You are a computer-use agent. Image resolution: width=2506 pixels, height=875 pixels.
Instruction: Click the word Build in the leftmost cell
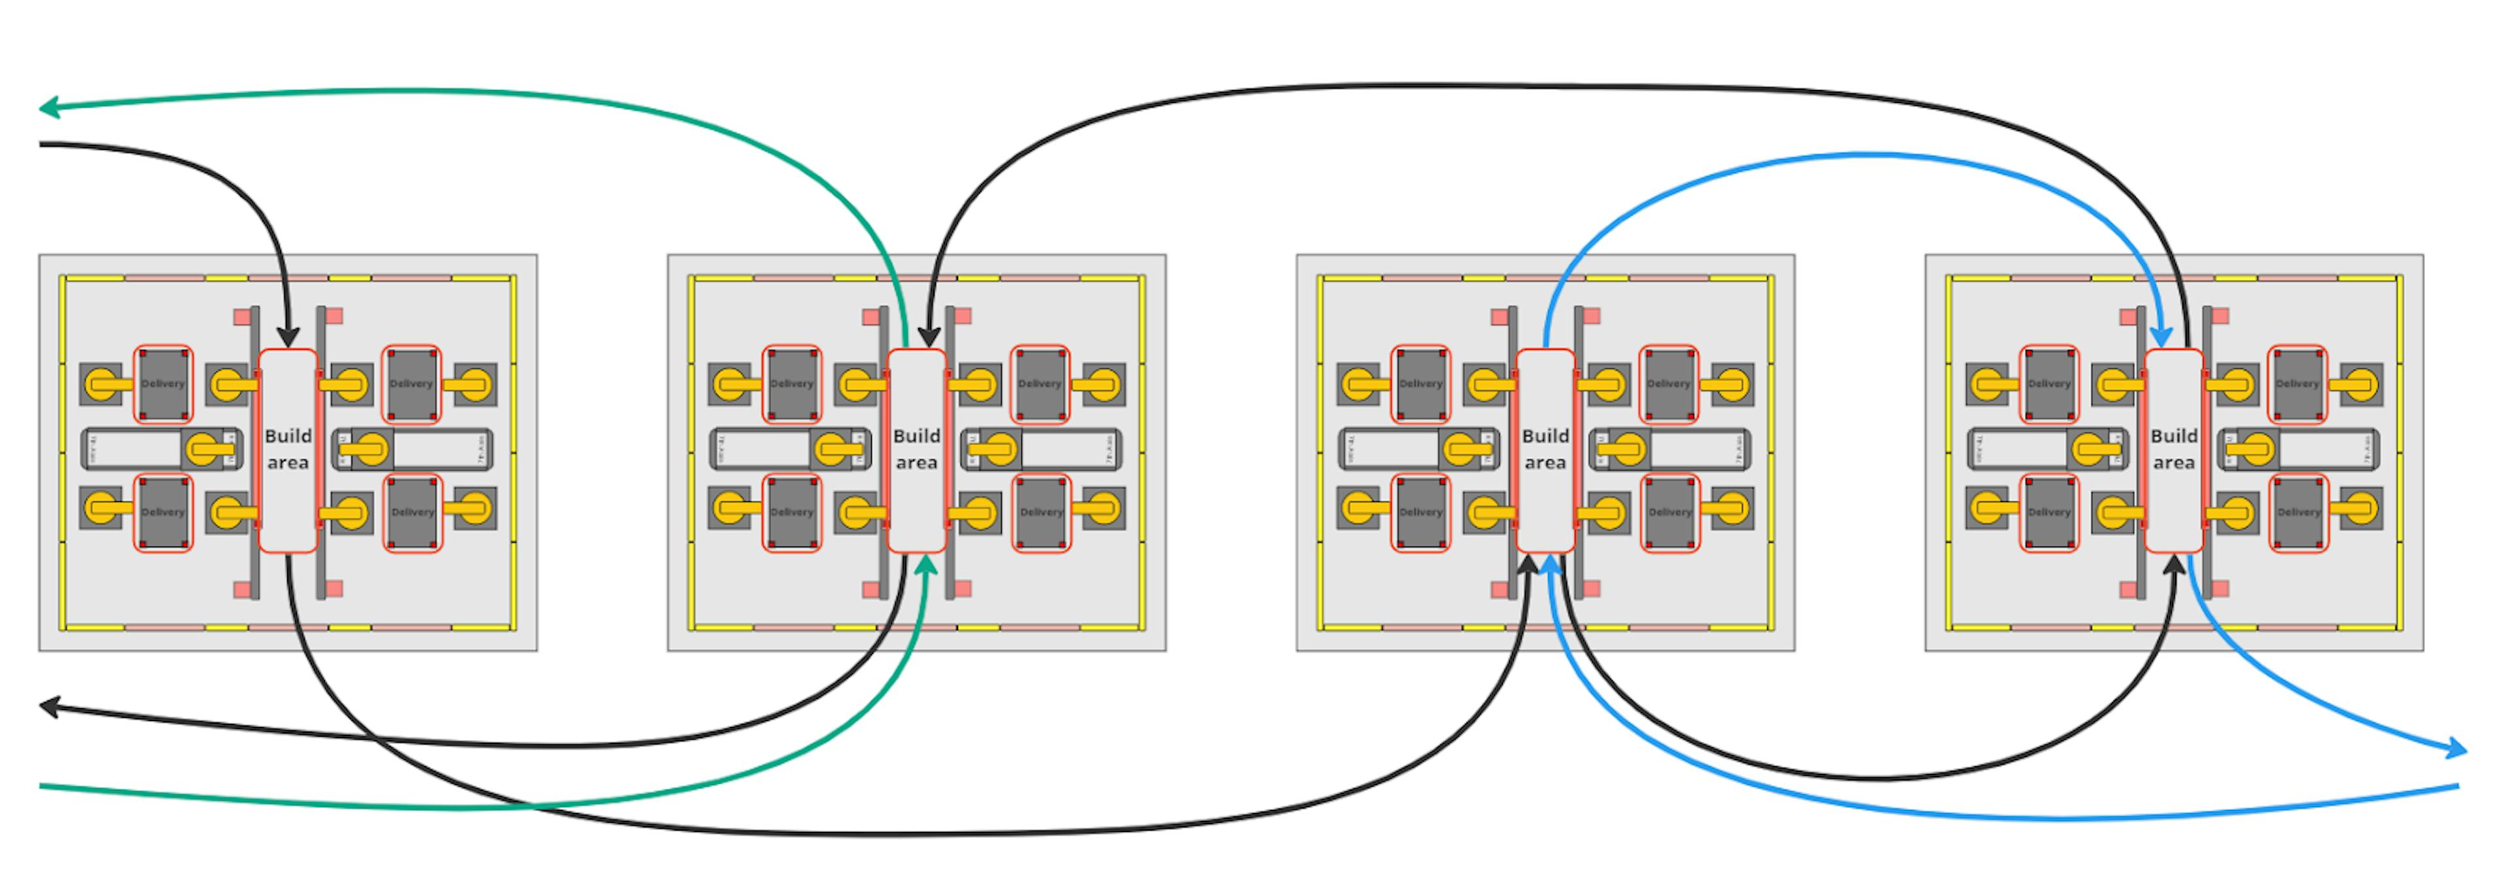pyautogui.click(x=288, y=436)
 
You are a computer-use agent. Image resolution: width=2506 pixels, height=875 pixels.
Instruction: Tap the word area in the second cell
pyautogui.click(x=916, y=463)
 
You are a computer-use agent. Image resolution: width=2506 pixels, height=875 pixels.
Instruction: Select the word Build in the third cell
pyautogui.click(x=1545, y=436)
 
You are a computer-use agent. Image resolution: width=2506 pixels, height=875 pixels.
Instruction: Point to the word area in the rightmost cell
pyautogui.click(x=2173, y=463)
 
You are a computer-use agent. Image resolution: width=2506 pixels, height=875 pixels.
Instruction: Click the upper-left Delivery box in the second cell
pyautogui.click(x=791, y=384)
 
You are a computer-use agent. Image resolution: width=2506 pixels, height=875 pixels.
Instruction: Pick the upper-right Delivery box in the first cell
pyautogui.click(x=412, y=384)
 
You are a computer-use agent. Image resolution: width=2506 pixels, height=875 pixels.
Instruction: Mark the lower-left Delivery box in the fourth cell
pyautogui.click(x=2049, y=512)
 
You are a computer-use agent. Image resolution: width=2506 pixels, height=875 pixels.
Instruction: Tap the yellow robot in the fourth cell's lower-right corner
pyautogui.click(x=2361, y=507)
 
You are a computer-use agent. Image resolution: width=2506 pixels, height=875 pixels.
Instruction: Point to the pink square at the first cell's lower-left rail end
pyautogui.click(x=242, y=589)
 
